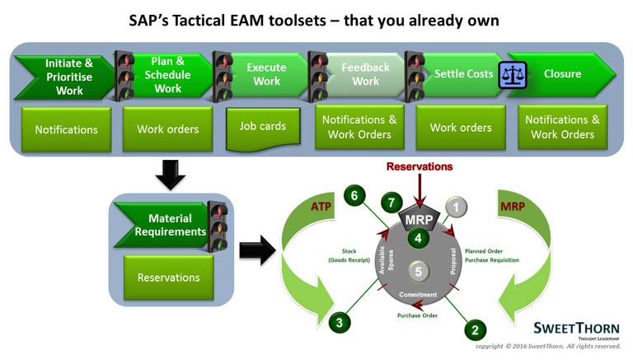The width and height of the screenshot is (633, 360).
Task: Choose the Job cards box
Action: click(264, 127)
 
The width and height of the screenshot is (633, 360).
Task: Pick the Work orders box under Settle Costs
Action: click(461, 128)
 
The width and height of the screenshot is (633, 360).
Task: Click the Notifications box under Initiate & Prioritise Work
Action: click(66, 129)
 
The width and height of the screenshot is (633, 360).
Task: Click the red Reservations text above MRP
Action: click(420, 166)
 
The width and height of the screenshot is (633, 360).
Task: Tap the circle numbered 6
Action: click(354, 196)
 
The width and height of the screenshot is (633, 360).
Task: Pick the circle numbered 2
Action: click(474, 330)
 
